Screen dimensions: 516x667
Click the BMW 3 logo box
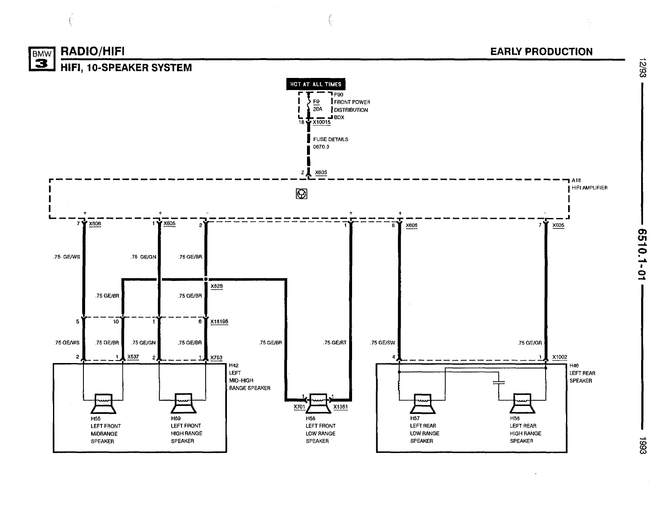[42, 58]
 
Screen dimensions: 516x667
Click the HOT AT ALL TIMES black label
[316, 84]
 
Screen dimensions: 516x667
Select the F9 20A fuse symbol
[309, 105]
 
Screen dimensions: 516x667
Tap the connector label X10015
[322, 123]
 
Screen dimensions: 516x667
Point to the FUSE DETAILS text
[331, 139]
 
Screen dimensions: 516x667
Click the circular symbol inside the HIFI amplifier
[302, 194]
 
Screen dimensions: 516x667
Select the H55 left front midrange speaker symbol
[103, 403]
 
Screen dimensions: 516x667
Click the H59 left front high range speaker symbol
[182, 403]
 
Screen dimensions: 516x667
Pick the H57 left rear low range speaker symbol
[422, 403]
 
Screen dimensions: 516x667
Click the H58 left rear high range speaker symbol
[522, 403]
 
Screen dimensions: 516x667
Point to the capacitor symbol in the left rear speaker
[498, 382]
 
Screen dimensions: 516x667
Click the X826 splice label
[216, 286]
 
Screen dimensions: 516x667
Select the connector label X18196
[219, 322]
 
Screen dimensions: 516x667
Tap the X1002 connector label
[560, 357]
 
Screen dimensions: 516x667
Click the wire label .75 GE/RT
[335, 343]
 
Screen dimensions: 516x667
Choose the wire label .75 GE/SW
[383, 343]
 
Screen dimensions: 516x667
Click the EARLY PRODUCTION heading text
[541, 52]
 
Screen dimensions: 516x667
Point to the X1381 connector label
[341, 407]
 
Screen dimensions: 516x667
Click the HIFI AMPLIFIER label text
[589, 188]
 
